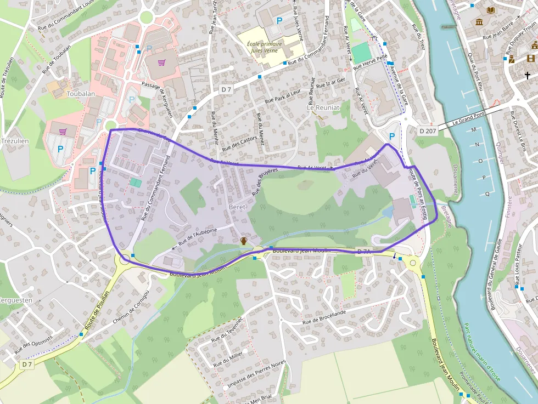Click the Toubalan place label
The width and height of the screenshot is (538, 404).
(81, 94)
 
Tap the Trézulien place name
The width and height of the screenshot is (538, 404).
(15, 141)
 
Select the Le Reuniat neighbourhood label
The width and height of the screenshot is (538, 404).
(323, 108)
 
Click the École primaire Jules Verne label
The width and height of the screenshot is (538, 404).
(265, 48)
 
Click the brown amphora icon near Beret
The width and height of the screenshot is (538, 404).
(243, 241)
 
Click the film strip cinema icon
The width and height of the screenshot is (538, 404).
(530, 58)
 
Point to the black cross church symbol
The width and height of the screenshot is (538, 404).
(528, 75)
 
